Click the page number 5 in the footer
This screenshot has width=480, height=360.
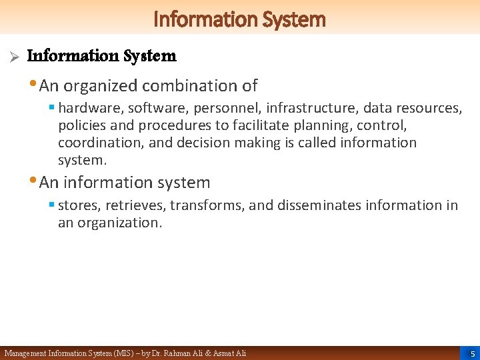tap(472, 353)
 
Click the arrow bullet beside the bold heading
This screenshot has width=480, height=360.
tap(11, 56)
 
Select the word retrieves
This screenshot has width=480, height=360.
tap(142, 205)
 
